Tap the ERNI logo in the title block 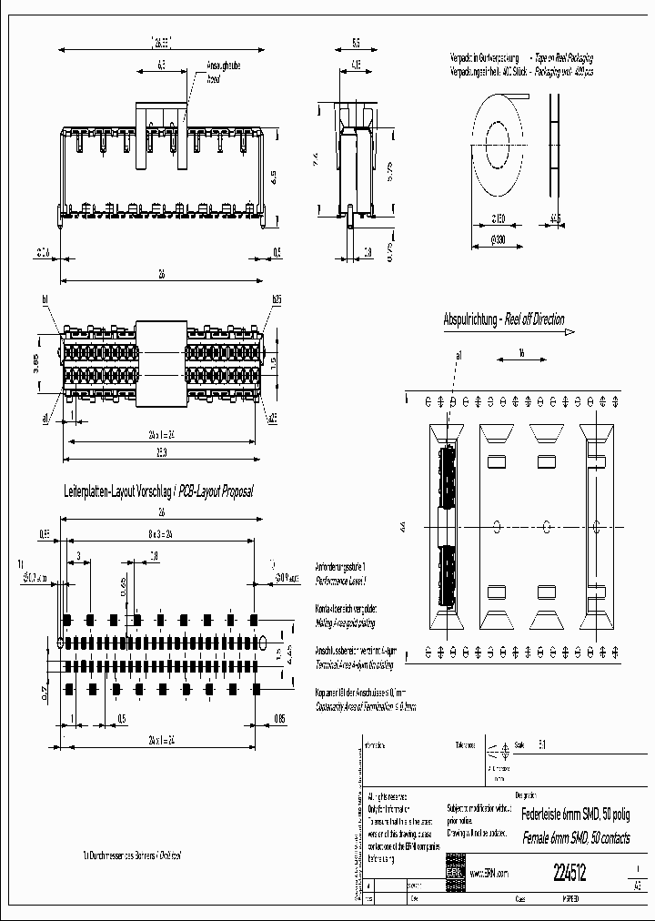tap(454, 872)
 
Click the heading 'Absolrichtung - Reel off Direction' tap(503, 319)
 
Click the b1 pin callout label tap(44, 299)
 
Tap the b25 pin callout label tap(276, 299)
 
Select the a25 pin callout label tap(272, 418)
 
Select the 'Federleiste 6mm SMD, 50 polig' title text tap(577, 814)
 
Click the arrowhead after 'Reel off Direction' tap(570, 332)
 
